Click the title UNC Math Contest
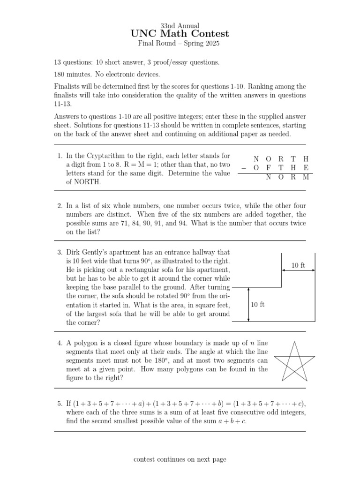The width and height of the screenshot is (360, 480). pyautogui.click(x=180, y=34)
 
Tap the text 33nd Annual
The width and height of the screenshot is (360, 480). pyautogui.click(x=180, y=25)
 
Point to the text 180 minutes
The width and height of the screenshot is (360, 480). pyautogui.click(x=72, y=74)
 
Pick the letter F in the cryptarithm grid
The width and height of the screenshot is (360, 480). pyautogui.click(x=269, y=168)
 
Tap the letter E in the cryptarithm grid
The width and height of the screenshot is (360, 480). pyautogui.click(x=306, y=168)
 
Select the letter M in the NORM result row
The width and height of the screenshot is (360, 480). pyautogui.click(x=306, y=177)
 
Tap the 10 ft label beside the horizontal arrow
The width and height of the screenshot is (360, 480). pyautogui.click(x=298, y=265)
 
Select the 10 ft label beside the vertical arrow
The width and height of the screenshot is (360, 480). pyautogui.click(x=258, y=305)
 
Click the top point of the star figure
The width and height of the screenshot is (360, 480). pyautogui.click(x=294, y=342)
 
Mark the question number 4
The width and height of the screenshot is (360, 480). pyautogui.click(x=60, y=343)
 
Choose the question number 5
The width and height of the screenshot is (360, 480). pyautogui.click(x=60, y=403)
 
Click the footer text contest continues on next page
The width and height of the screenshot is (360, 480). pyautogui.click(x=180, y=459)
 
